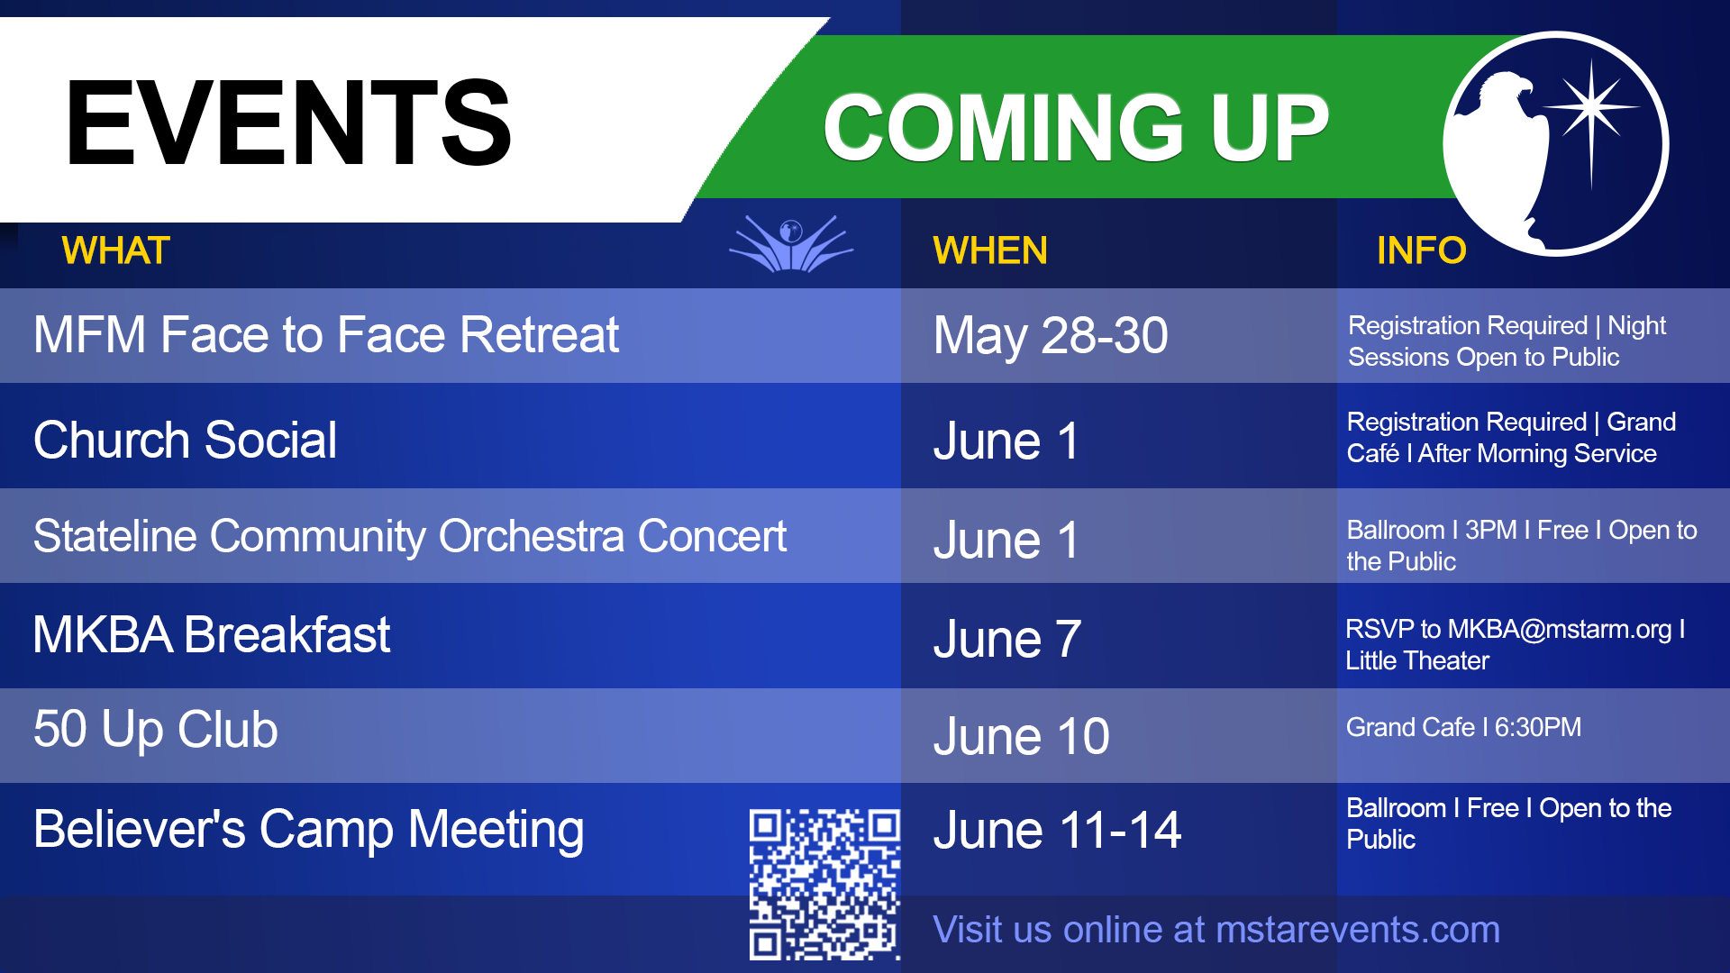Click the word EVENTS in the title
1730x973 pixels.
click(x=288, y=123)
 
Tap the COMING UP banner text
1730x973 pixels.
click(x=1076, y=128)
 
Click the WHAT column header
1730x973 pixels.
click(x=115, y=250)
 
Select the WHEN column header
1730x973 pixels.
click(x=990, y=250)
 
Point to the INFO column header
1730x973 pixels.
click(x=1421, y=250)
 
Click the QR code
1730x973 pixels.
click(x=824, y=884)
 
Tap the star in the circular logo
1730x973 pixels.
click(x=1591, y=109)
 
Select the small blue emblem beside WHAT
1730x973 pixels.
click(x=791, y=243)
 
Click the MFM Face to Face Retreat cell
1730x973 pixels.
click(x=326, y=335)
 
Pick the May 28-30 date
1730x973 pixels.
click(x=1051, y=336)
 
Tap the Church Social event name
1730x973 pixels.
click(x=185, y=441)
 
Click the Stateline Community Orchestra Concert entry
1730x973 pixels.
click(x=410, y=537)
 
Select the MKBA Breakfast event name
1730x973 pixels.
click(x=212, y=635)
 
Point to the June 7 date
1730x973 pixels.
click(x=1007, y=639)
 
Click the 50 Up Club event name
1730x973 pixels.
click(x=156, y=730)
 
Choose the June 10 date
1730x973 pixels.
click(x=1022, y=737)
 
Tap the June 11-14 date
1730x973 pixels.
click(x=1057, y=831)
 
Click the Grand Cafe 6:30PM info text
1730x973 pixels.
click(x=1463, y=727)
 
